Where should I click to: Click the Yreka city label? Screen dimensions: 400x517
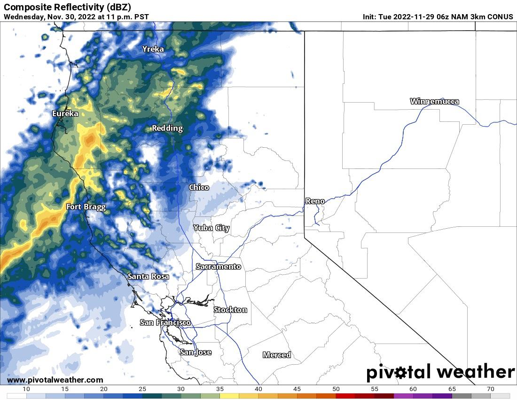(153, 49)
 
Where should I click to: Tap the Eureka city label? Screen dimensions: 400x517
(65, 113)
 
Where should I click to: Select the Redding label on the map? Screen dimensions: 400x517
(167, 128)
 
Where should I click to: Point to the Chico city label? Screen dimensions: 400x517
(199, 187)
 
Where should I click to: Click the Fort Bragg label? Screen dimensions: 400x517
(86, 207)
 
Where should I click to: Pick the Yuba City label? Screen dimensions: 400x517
(211, 228)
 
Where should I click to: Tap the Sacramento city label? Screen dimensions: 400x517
(219, 267)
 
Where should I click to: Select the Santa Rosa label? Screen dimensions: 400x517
(148, 277)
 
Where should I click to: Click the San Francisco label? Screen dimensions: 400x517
(165, 322)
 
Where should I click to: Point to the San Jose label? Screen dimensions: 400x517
(196, 352)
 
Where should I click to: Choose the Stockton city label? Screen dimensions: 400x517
(230, 310)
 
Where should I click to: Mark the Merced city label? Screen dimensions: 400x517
(277, 355)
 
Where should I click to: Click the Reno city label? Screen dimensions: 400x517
(315, 201)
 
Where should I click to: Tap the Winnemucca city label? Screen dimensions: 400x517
(434, 101)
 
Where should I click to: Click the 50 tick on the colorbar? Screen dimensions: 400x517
(336, 389)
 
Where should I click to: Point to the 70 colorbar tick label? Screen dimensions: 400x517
(491, 389)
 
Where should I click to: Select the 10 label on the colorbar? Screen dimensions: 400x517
(26, 389)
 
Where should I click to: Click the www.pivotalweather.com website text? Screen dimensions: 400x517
(55, 380)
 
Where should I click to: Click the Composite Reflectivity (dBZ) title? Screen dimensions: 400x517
(67, 7)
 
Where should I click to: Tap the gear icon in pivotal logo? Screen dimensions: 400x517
(400, 373)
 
